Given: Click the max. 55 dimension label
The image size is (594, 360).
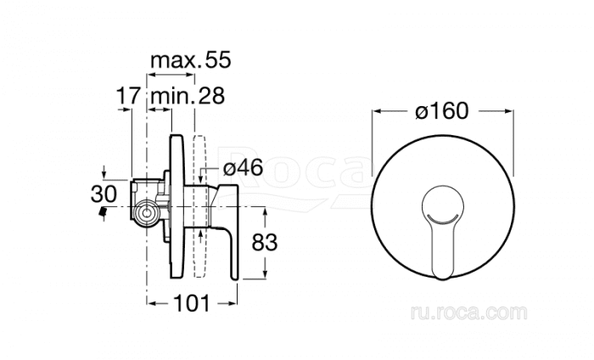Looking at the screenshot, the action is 191,60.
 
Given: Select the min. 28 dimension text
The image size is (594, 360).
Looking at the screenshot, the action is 188,95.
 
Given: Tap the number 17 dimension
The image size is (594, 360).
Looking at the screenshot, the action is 128,95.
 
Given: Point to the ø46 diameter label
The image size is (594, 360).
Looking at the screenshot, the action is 243,167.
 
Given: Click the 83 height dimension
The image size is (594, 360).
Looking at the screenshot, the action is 265,242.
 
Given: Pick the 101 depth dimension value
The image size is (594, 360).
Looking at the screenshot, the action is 191,303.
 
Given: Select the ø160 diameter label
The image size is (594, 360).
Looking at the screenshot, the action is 442,111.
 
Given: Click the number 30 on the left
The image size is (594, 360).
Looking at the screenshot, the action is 104,194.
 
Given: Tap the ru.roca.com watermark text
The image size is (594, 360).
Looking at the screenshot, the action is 468,312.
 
